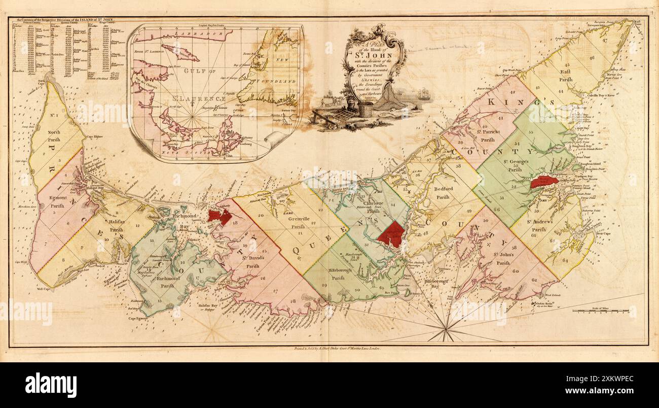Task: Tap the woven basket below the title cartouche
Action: click(365, 108)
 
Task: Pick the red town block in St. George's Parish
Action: click(544, 181)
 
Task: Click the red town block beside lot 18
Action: click(219, 216)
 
